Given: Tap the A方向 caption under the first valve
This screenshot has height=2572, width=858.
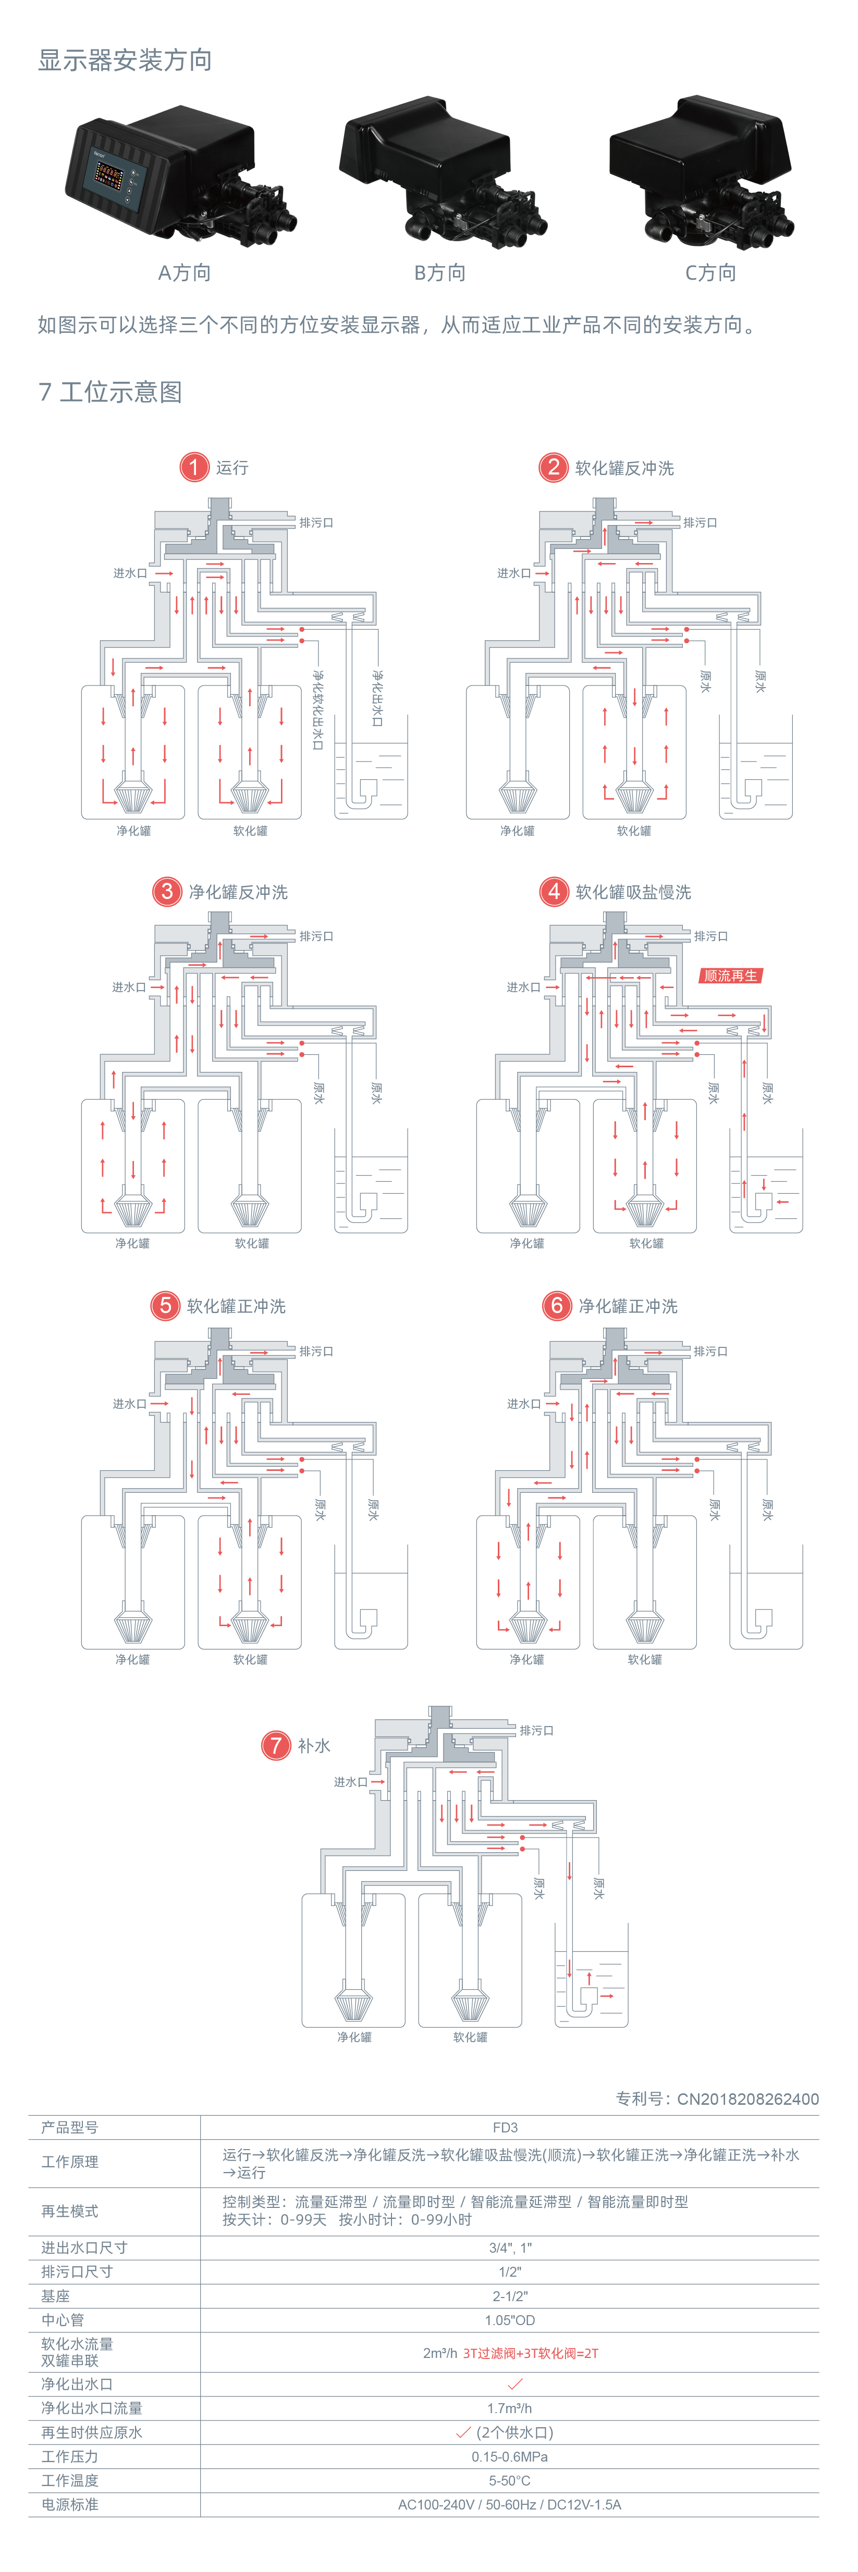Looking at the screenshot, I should pos(184,272).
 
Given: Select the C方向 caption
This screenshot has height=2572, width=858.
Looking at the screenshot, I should pos(710,272).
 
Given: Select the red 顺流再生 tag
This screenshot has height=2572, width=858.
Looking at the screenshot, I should pos(730,976).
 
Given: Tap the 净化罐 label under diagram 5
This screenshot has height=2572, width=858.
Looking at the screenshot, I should pos(132,1659).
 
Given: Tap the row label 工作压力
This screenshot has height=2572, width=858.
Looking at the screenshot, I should pos(70,2456).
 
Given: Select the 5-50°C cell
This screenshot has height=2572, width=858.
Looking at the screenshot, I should pos(509,2480).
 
